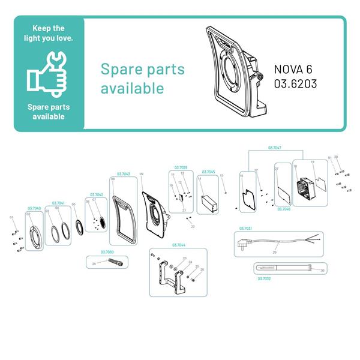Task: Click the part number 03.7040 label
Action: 33,208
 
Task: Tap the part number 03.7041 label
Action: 59,203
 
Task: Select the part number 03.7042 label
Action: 97,194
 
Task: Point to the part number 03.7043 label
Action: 124,174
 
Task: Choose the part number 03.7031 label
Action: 245,229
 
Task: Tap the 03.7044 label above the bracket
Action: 178,245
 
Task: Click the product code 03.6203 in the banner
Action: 295,84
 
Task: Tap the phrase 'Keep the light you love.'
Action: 49,34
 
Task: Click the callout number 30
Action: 322,271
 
